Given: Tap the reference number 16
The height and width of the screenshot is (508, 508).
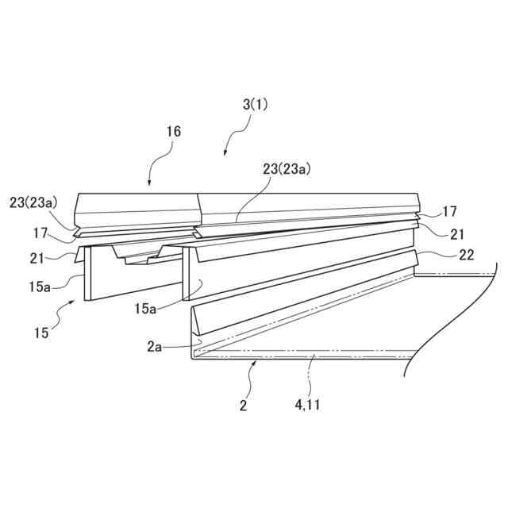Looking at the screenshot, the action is point(173,132).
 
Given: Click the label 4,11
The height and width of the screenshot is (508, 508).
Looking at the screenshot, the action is point(307,405).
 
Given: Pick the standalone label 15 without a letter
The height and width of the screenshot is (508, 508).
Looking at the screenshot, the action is point(41,333).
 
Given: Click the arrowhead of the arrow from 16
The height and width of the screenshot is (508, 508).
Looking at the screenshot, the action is point(152,184).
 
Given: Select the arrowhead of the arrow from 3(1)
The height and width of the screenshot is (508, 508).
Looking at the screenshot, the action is point(225,156).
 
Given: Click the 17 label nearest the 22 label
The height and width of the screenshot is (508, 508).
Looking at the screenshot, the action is point(449,212).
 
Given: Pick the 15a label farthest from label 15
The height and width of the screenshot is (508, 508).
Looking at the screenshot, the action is point(145,309).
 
